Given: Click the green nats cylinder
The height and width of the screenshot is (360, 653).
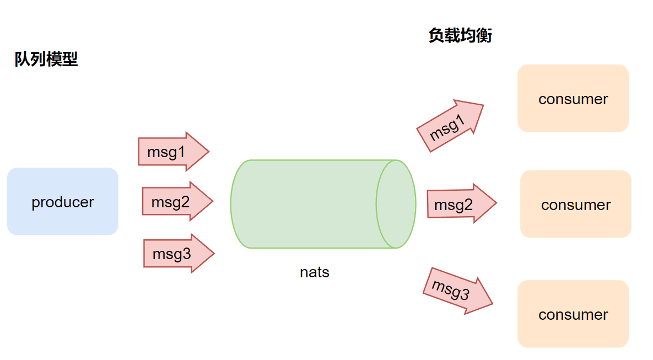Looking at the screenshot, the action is (x=309, y=204).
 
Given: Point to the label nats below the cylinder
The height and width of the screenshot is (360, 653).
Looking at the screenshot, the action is (x=315, y=272).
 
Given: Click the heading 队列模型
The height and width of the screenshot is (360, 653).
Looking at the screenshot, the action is (x=46, y=59).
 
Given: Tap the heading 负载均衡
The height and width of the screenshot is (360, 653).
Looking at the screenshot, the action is (x=460, y=36).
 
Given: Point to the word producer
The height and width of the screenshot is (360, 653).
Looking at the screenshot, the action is (x=62, y=202).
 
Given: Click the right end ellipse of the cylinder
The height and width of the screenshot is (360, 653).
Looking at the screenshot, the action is (x=396, y=204).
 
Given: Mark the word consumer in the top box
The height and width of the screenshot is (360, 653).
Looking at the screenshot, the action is (x=573, y=99).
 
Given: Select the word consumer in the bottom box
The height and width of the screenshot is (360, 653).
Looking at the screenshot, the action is (x=573, y=315).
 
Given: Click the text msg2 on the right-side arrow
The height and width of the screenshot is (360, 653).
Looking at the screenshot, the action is (x=454, y=205).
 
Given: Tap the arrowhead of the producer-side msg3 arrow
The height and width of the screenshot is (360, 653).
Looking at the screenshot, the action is (x=203, y=254).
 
